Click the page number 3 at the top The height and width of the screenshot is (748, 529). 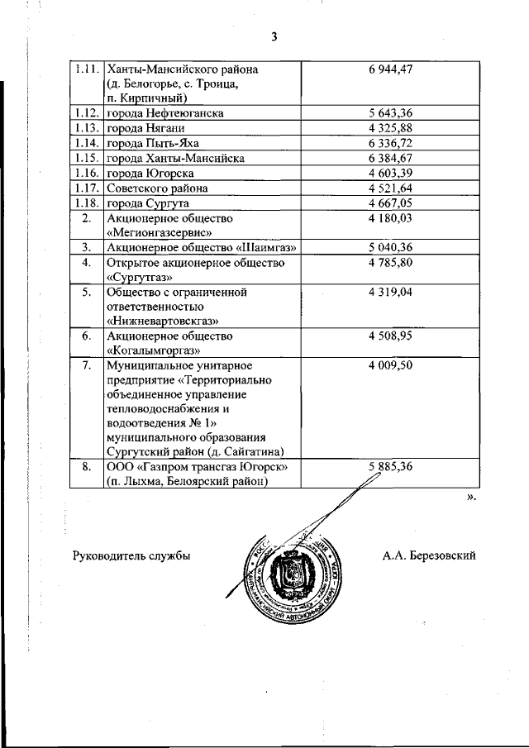pyautogui.click(x=273, y=36)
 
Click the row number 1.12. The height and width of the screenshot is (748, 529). pyautogui.click(x=85, y=112)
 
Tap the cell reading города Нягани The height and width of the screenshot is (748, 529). pyautogui.click(x=145, y=127)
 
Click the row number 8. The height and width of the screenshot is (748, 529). pyautogui.click(x=85, y=467)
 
